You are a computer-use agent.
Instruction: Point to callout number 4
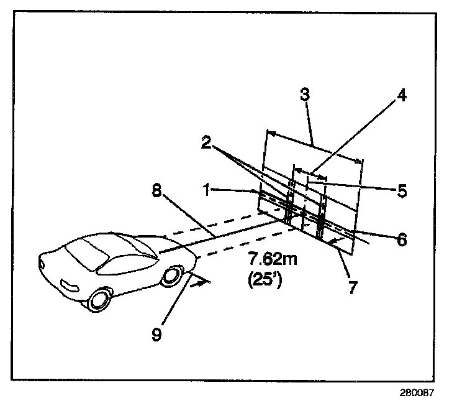(402, 96)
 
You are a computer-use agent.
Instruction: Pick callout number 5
(402, 190)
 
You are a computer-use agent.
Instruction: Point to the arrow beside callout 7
(336, 240)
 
